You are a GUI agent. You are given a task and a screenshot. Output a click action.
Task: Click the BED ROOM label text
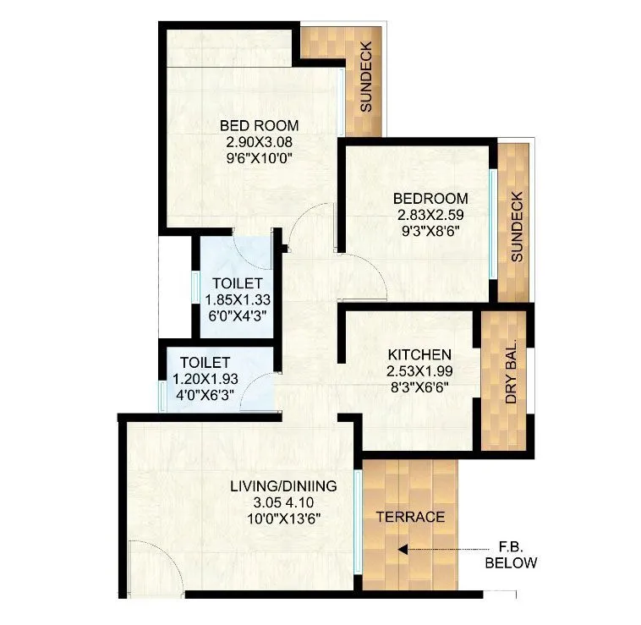pos(259,126)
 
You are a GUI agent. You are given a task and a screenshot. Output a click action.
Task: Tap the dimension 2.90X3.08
pos(259,141)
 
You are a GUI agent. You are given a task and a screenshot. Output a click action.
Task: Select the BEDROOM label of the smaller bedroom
pos(430,199)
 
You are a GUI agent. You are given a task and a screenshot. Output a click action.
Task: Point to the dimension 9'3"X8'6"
pos(430,229)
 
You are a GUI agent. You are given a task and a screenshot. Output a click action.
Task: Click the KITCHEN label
pos(419,354)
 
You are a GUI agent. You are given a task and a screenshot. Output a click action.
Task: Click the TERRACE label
pos(410,517)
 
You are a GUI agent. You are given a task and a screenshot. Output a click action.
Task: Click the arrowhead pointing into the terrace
pos(403,549)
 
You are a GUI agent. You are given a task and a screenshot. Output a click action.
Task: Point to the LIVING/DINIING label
pos(283,486)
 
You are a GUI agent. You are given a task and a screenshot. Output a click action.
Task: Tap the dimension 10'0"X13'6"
pos(283,517)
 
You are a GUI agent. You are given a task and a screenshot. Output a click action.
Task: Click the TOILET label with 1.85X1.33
pos(233,283)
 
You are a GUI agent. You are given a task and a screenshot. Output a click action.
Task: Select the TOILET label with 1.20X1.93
pos(203,363)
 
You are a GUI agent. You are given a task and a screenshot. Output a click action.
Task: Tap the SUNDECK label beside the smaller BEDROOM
pos(518,226)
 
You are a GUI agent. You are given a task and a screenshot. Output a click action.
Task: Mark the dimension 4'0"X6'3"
pos(203,394)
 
